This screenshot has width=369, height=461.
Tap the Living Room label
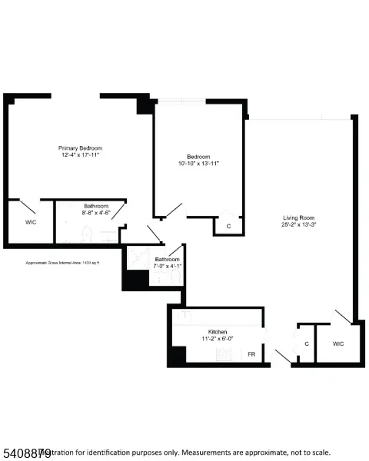(299, 217)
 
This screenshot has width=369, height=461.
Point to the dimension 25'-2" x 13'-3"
(299, 224)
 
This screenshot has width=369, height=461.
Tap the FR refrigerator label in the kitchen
(251, 355)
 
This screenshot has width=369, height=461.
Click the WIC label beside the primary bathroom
(30, 222)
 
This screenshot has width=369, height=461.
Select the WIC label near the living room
(337, 343)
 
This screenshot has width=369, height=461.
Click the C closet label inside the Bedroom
(228, 226)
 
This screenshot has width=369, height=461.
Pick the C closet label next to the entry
(307, 343)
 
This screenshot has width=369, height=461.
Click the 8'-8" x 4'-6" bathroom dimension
(96, 213)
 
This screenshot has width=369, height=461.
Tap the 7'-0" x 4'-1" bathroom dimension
(167, 267)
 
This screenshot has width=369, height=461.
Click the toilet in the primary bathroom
(87, 232)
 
